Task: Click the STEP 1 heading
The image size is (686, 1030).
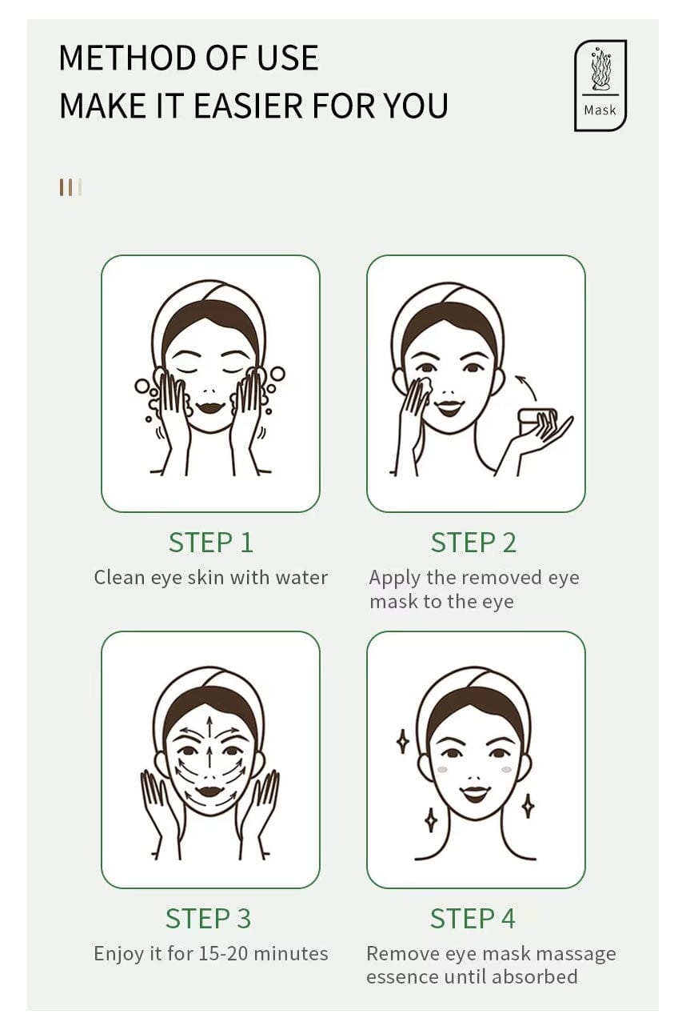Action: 210,543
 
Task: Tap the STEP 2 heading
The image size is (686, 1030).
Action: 473,543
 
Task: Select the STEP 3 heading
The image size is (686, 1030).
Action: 208,918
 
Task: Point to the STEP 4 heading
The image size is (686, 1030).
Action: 473,918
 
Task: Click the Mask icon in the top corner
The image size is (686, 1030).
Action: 600,85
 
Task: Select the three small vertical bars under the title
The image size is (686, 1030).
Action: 70,187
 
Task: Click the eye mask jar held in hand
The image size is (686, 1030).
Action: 537,418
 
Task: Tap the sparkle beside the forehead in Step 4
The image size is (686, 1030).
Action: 403,741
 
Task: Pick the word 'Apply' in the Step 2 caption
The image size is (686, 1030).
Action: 393,578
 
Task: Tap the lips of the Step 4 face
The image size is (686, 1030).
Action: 475,792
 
